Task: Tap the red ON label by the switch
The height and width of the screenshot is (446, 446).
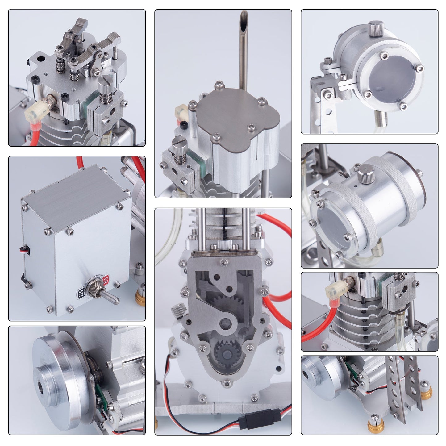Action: coord(105,281)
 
